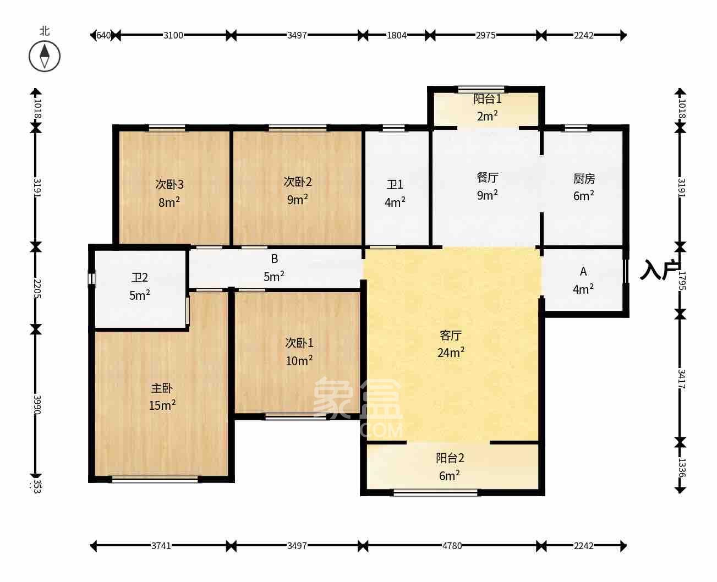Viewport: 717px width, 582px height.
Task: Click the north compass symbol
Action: point(45,56)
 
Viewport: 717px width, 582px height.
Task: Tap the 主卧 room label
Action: point(162,388)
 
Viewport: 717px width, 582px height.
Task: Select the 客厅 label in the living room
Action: point(450,335)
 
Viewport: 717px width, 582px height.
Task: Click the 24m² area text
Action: point(451,353)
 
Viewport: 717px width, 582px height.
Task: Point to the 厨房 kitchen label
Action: point(584,179)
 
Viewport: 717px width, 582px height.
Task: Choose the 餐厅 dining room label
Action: point(488,178)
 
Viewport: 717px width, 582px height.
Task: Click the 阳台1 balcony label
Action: point(487,99)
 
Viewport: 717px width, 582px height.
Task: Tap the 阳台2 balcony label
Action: point(450,458)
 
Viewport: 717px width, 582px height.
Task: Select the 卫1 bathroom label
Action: point(395,185)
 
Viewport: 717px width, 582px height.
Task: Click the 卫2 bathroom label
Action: point(139,278)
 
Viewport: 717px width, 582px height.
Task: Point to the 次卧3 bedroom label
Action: point(169,184)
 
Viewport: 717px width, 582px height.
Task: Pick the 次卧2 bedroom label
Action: point(298,182)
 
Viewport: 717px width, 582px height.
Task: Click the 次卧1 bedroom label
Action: point(299,343)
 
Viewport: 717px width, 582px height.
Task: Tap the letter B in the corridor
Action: point(274,259)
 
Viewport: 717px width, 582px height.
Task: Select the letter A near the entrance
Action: point(583,271)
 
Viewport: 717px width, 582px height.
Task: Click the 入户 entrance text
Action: point(660,270)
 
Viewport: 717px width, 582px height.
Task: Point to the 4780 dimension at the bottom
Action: point(452,546)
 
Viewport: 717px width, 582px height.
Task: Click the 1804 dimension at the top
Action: point(397,35)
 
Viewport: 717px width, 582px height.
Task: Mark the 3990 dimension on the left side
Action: point(36,404)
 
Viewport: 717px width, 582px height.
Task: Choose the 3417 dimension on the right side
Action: point(681,378)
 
